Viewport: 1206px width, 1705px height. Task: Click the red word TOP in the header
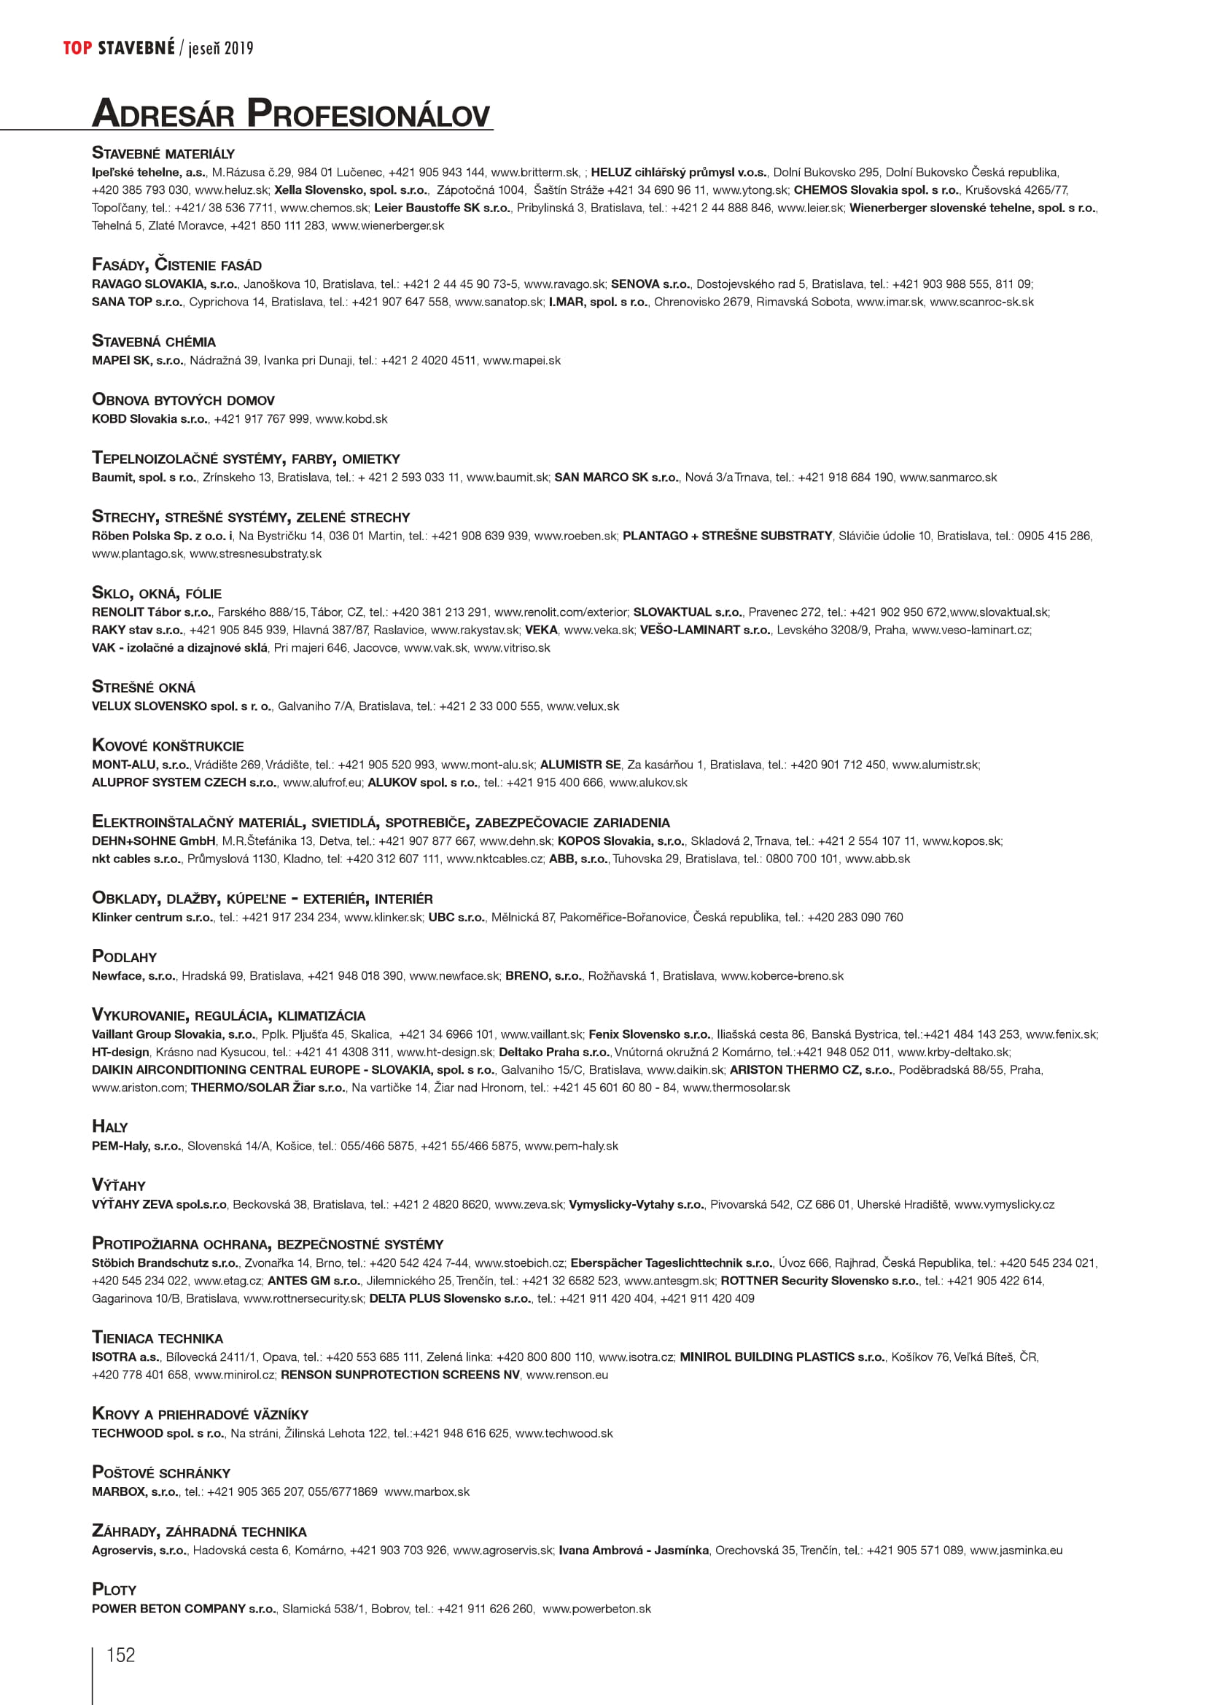coord(77,48)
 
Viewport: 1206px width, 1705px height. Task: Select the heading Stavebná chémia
coord(154,342)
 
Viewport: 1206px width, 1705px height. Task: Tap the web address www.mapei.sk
coord(521,361)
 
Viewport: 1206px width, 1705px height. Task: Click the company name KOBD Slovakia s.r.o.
coord(149,420)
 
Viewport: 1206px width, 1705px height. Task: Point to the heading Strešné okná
coord(144,687)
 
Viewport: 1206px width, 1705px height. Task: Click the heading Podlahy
coord(124,957)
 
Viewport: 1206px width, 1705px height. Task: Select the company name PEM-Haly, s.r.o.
coord(136,1147)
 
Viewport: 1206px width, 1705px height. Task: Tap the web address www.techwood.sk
coord(564,1434)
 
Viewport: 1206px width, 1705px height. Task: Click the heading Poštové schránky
coord(161,1473)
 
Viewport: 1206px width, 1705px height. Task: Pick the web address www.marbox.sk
coord(427,1492)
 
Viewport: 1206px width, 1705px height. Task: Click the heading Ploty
coord(114,1590)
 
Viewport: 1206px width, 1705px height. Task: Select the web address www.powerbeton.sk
coord(596,1610)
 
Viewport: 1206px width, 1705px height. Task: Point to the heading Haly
coord(110,1127)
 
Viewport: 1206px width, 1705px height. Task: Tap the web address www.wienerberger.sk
coord(388,226)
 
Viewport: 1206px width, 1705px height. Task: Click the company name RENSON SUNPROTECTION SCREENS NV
coord(400,1376)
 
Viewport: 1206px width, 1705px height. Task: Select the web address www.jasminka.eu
coord(1016,1550)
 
